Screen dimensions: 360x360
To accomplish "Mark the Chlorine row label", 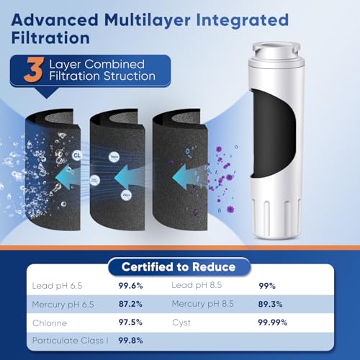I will coord(49,323).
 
